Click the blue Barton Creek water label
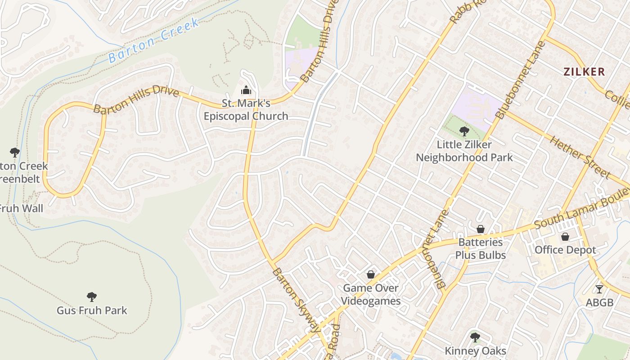pyautogui.click(x=153, y=40)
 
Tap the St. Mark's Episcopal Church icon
pyautogui.click(x=246, y=90)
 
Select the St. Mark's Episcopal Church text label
pyautogui.click(x=246, y=110)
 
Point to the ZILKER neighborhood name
pyautogui.click(x=585, y=72)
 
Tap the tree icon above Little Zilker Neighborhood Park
pyautogui.click(x=464, y=131)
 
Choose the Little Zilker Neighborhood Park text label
pyautogui.click(x=464, y=151)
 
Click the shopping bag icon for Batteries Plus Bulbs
pyautogui.click(x=480, y=229)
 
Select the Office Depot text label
pyautogui.click(x=565, y=250)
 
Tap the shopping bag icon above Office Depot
pyautogui.click(x=565, y=237)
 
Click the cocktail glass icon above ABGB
pyautogui.click(x=599, y=289)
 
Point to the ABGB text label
pyautogui.click(x=599, y=302)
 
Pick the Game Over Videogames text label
pyautogui.click(x=371, y=294)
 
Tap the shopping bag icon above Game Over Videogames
pyautogui.click(x=371, y=274)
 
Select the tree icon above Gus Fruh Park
pyautogui.click(x=92, y=297)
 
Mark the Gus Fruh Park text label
pyautogui.click(x=92, y=310)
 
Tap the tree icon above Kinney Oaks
pyautogui.click(x=475, y=337)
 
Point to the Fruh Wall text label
pyautogui.click(x=20, y=208)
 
